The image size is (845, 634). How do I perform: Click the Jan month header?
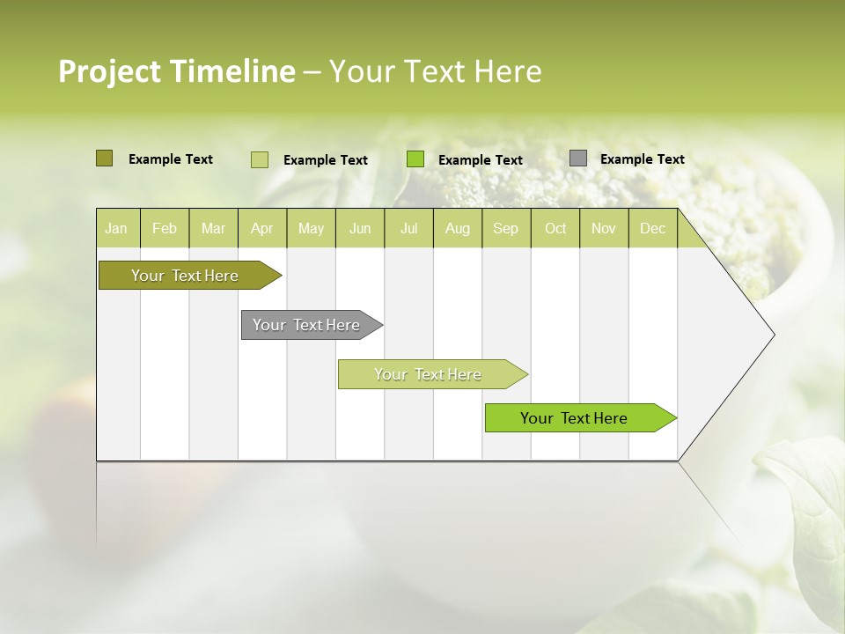coord(116,228)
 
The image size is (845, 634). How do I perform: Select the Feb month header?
coord(165,228)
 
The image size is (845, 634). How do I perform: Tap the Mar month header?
coord(213,228)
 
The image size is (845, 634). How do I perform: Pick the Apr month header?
coord(261,228)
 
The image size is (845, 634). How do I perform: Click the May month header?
coord(311,228)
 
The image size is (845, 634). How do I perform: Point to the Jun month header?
coord(360,228)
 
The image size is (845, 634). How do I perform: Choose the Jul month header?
coord(408,228)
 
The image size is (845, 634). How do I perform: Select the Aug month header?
coord(457,228)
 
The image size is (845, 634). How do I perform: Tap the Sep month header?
coord(505,228)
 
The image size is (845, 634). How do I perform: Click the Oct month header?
coord(555,228)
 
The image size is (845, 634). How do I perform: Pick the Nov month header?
coord(604,228)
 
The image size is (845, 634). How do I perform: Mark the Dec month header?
coord(652,228)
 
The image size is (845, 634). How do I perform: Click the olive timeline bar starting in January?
coord(186,276)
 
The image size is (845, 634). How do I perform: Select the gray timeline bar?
coord(307,325)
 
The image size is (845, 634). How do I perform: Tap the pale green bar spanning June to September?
coord(429,374)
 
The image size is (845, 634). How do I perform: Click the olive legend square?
coord(104,158)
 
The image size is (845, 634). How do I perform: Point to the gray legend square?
coord(577,158)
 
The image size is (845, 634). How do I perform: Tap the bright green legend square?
coord(415,159)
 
